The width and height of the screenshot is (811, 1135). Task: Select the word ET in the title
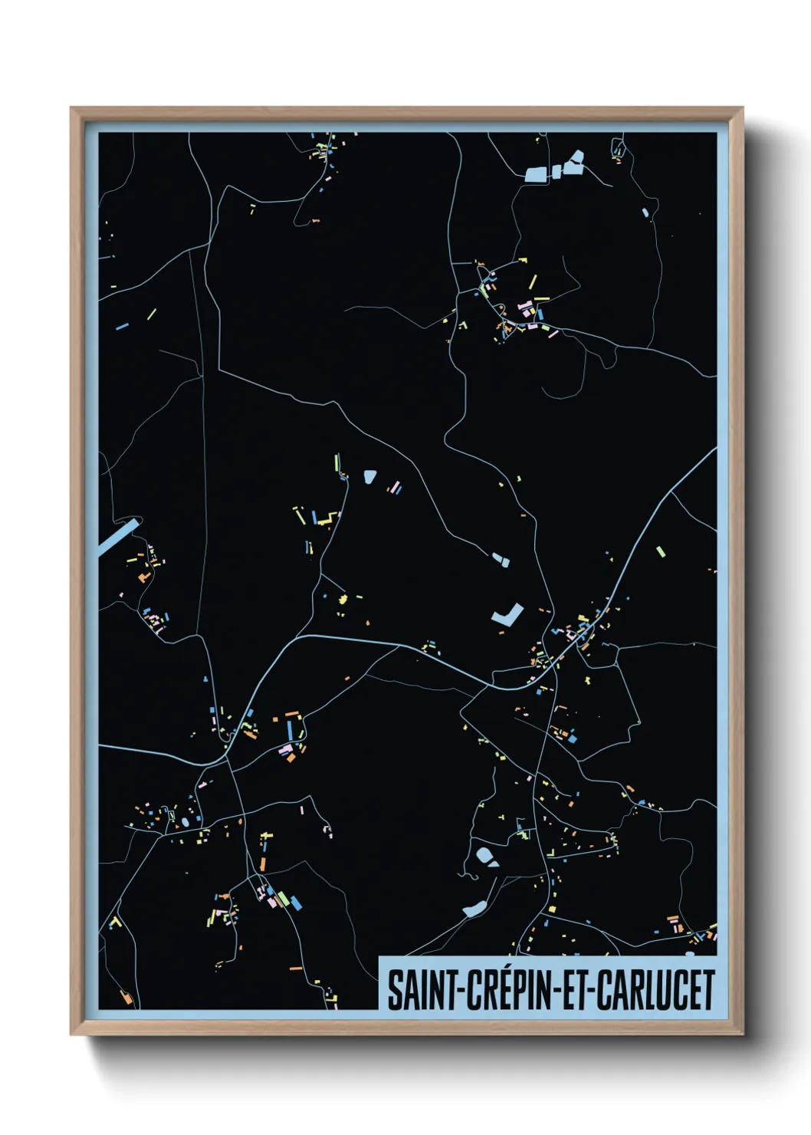click(x=573, y=990)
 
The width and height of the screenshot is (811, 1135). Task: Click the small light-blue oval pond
click(x=186, y=822)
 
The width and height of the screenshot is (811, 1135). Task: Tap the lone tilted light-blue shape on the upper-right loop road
click(x=645, y=212)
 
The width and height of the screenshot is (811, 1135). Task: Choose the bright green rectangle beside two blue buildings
click(x=282, y=898)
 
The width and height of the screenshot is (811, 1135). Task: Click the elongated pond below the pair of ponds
click(x=473, y=910)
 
